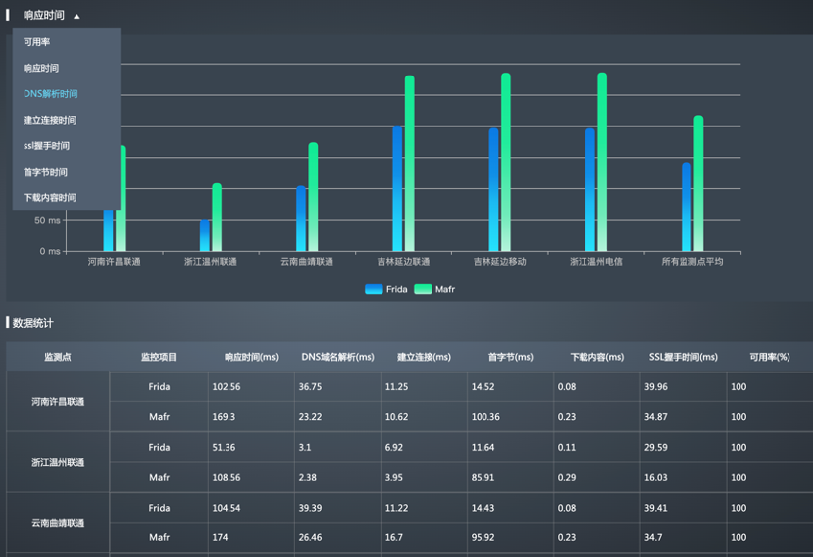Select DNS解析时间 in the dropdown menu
tap(51, 94)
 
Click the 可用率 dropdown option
tap(37, 42)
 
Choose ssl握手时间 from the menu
tap(46, 146)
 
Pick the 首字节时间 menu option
tap(46, 172)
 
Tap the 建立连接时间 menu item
tap(50, 120)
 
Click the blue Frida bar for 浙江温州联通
tap(205, 235)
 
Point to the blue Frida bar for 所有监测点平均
tap(687, 207)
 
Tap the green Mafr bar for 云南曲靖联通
tap(314, 197)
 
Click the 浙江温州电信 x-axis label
tap(596, 262)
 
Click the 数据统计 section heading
tap(33, 322)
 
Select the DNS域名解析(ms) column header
tap(337, 357)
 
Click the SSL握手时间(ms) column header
tap(683, 357)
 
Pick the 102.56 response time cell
tap(227, 387)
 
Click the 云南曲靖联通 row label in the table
tap(58, 523)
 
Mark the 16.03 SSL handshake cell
tap(655, 478)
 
